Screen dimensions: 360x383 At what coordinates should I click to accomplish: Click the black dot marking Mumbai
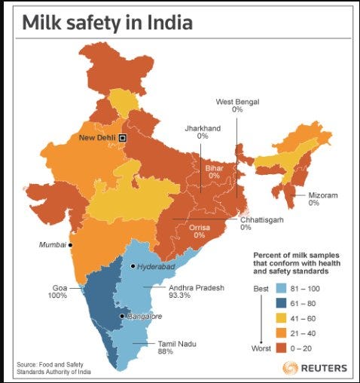70,245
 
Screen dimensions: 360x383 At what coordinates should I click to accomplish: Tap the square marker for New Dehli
123,138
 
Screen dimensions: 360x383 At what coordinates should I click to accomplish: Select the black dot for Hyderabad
133,266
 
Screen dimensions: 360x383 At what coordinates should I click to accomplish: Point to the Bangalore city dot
122,316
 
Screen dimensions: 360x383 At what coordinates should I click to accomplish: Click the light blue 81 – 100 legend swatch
281,289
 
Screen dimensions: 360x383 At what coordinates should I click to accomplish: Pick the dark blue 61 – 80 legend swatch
281,303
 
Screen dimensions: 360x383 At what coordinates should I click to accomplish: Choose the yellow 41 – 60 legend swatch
281,318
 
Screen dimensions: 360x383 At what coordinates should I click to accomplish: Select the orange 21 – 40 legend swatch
281,333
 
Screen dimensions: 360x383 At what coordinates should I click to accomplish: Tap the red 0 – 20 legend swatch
281,348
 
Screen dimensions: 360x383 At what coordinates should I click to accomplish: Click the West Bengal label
237,102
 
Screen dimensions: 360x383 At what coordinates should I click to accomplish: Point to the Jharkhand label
203,128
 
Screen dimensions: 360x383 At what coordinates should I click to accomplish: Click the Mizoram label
323,195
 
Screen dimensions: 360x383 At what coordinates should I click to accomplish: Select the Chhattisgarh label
262,220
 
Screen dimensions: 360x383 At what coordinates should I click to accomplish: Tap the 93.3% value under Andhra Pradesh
179,295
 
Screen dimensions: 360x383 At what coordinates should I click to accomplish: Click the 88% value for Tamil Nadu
166,351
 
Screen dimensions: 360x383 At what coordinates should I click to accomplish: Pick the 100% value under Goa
57,296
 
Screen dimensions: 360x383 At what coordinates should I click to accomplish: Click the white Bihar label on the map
215,168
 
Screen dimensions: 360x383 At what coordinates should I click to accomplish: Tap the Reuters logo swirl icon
291,368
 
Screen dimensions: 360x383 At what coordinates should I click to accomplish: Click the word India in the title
170,23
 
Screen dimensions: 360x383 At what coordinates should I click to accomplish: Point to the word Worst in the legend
261,348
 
